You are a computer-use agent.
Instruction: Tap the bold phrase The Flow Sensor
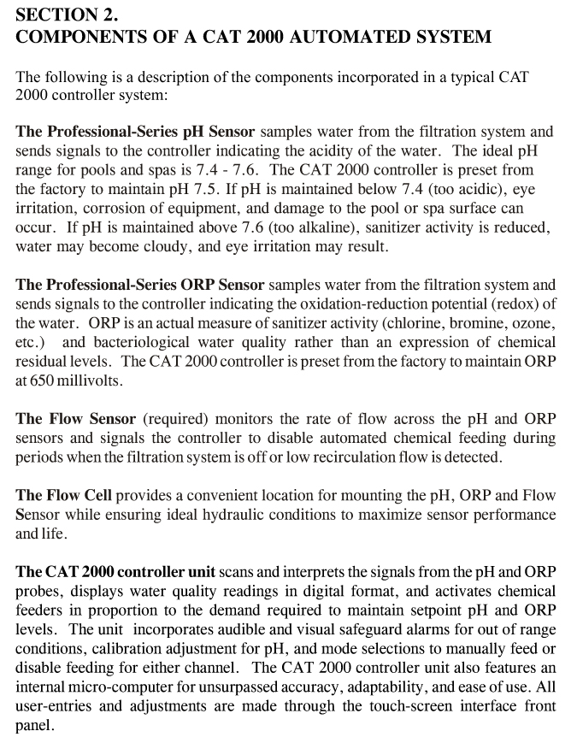pyautogui.click(x=75, y=419)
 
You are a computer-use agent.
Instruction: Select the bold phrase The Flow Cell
pyautogui.click(x=63, y=496)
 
